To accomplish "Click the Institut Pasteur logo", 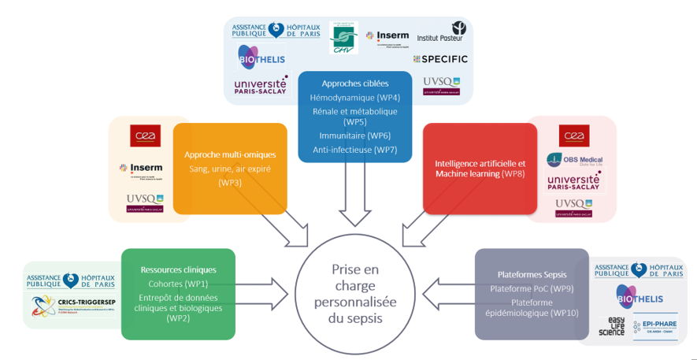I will point(440,32).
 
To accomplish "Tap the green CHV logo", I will point(343,38).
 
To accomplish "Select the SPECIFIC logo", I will point(440,59).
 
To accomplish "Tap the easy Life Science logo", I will point(611,327).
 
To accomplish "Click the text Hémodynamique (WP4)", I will point(354,98).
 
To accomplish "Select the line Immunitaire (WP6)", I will point(354,135).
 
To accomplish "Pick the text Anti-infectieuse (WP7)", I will point(354,150).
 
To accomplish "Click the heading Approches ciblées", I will point(354,83).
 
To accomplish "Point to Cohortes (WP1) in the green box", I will point(178,283).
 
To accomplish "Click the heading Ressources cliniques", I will point(178,269).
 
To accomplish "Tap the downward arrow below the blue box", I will point(354,206).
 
